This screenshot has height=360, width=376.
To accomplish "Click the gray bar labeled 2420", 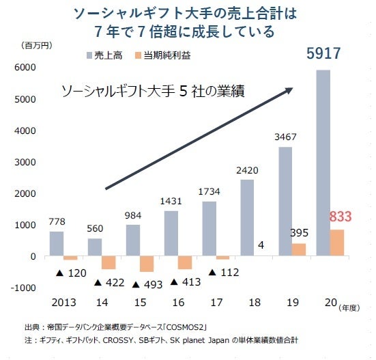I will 248,218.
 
